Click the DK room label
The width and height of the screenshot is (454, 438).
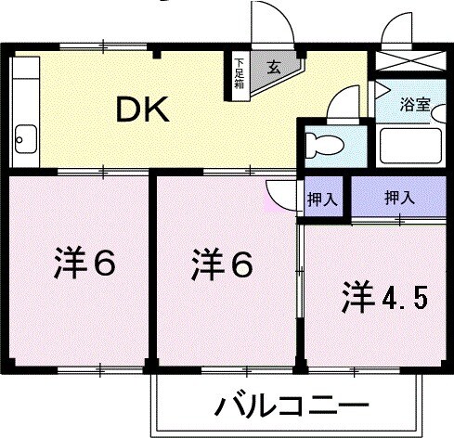(142, 110)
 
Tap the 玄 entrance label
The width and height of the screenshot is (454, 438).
(275, 66)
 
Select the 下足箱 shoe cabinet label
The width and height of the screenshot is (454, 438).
(240, 73)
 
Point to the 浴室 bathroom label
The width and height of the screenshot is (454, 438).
(414, 105)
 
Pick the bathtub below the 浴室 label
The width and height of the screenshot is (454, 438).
(411, 147)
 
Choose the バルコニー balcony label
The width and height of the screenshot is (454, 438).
(292, 406)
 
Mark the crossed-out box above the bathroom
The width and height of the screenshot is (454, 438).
(409, 64)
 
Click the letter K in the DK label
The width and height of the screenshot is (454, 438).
(156, 110)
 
